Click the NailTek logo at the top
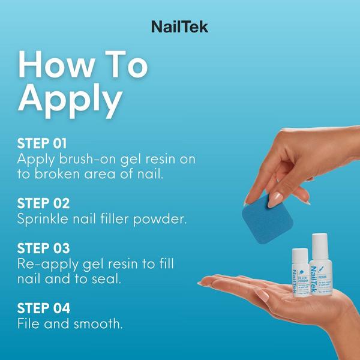(x=179, y=26)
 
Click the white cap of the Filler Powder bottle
(x=299, y=256)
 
